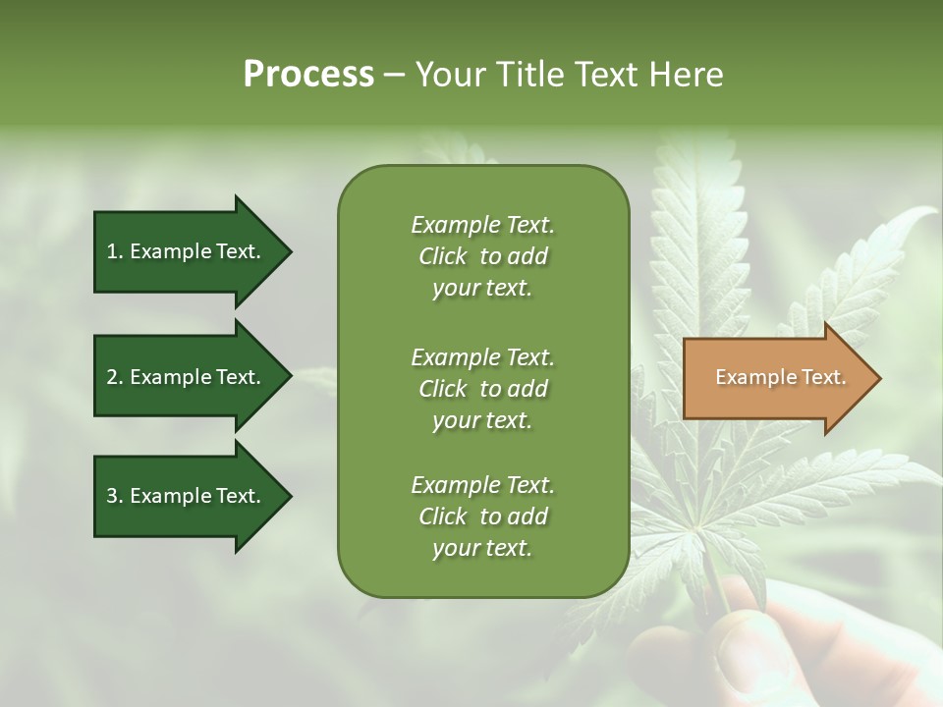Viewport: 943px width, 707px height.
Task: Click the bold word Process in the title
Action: pyautogui.click(x=308, y=75)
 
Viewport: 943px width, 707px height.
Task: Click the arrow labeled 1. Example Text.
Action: pyautogui.click(x=187, y=251)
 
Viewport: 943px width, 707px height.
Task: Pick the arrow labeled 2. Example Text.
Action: pyautogui.click(x=187, y=377)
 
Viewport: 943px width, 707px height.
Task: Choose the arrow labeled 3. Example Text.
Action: pyautogui.click(x=187, y=496)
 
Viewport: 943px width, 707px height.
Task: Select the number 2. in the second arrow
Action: pyautogui.click(x=115, y=377)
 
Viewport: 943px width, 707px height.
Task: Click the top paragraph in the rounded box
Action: pyautogui.click(x=482, y=256)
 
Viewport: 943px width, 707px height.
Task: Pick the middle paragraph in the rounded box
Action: pyautogui.click(x=482, y=389)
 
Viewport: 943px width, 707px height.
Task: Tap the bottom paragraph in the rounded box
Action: pyautogui.click(x=482, y=517)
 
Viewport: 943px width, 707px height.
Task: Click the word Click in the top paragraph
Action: pyautogui.click(x=443, y=256)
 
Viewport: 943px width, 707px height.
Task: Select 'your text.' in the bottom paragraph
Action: pyautogui.click(x=482, y=549)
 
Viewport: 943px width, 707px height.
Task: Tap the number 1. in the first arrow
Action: pyautogui.click(x=115, y=251)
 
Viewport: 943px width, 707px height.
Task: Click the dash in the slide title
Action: pyautogui.click(x=394, y=76)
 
